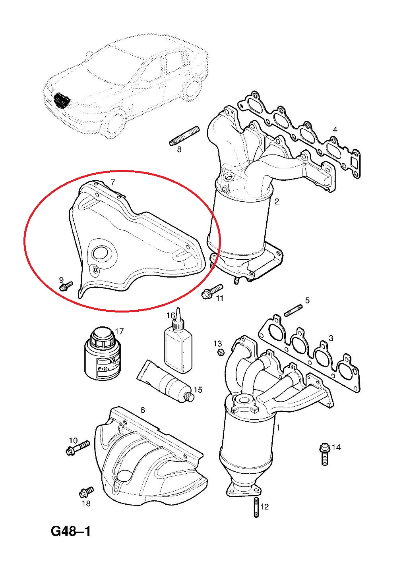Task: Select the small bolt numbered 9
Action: pos(66,286)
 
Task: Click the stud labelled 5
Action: pos(293,310)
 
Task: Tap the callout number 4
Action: pos(335,129)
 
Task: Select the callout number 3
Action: pos(331,338)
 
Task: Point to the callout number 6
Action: pos(142,410)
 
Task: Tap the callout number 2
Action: pos(277,201)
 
